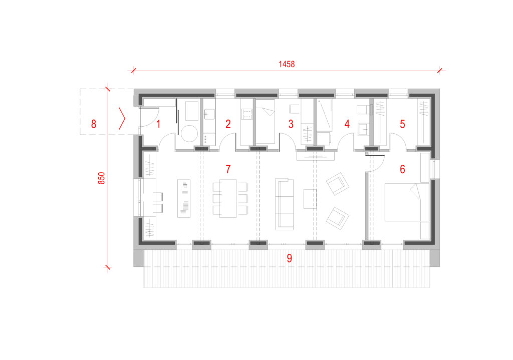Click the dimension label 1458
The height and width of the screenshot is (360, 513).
pos(286,64)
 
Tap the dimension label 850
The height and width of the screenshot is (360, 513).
pos(101,178)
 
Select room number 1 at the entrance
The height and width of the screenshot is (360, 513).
pos(158,124)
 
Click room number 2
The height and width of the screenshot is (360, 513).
pos(228,124)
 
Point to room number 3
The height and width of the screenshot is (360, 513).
pos(291,124)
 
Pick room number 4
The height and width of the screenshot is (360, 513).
pos(347,124)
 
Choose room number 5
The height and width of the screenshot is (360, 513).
pos(402,124)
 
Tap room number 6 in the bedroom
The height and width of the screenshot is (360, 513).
pos(402,169)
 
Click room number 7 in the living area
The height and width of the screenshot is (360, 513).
pos(228,169)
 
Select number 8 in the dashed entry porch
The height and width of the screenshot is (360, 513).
pos(94,124)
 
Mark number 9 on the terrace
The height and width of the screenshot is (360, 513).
pos(289,258)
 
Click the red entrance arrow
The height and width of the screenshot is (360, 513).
pos(122,118)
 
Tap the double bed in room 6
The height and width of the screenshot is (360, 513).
pos(407,202)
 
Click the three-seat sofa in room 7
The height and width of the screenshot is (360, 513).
pos(284,204)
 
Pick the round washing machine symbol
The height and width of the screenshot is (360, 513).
pos(189,133)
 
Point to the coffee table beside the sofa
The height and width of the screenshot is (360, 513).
pos(310,199)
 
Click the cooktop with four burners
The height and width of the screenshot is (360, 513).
pos(246,114)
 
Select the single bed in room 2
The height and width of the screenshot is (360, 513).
pos(265,121)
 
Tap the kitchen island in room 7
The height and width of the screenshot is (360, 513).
pos(184,198)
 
